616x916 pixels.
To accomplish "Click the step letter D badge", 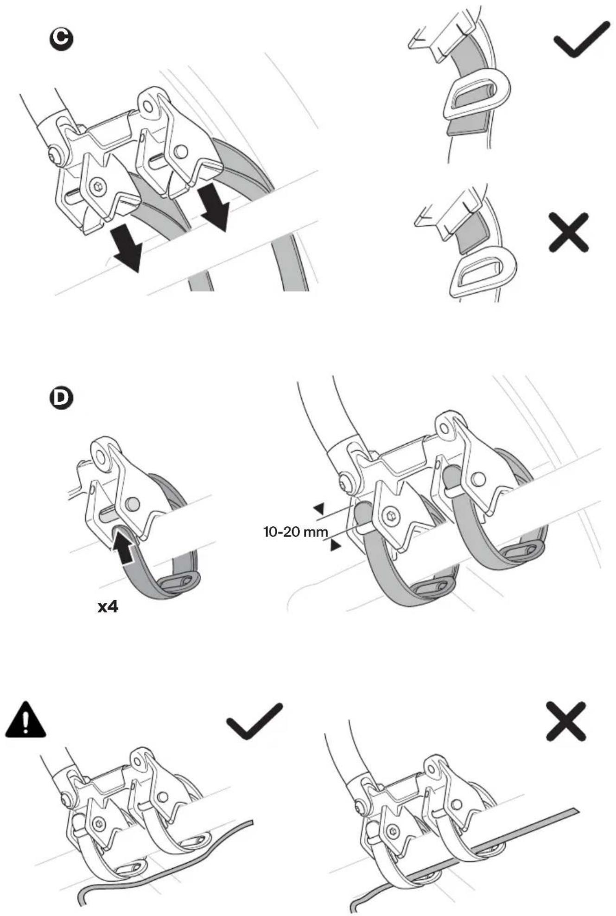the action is coord(61,398).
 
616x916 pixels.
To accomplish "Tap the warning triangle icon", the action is coord(25,718).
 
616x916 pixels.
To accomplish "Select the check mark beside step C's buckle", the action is coord(582,39).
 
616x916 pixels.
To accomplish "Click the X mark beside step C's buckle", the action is coord(568,232).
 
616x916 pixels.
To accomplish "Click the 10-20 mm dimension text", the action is coord(296,532).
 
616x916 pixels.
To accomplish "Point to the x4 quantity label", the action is coord(108,607).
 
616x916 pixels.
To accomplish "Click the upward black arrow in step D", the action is coord(126,548).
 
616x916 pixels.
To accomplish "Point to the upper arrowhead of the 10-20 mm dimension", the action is coord(319,509).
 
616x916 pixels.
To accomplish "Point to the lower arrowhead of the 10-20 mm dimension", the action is coord(335,546).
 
